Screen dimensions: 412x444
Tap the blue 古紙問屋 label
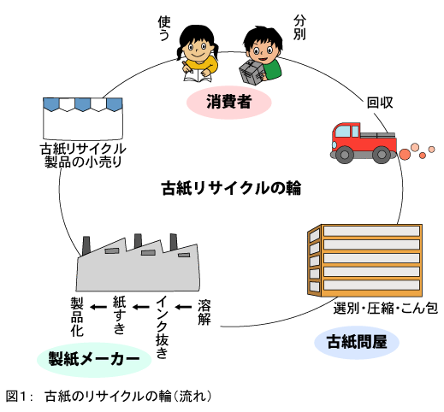click(x=357, y=343)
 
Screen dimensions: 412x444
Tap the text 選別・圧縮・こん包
click(x=384, y=307)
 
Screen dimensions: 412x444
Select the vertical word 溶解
click(x=204, y=312)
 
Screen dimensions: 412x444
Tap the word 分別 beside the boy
click(x=299, y=26)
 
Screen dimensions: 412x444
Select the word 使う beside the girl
click(x=164, y=28)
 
